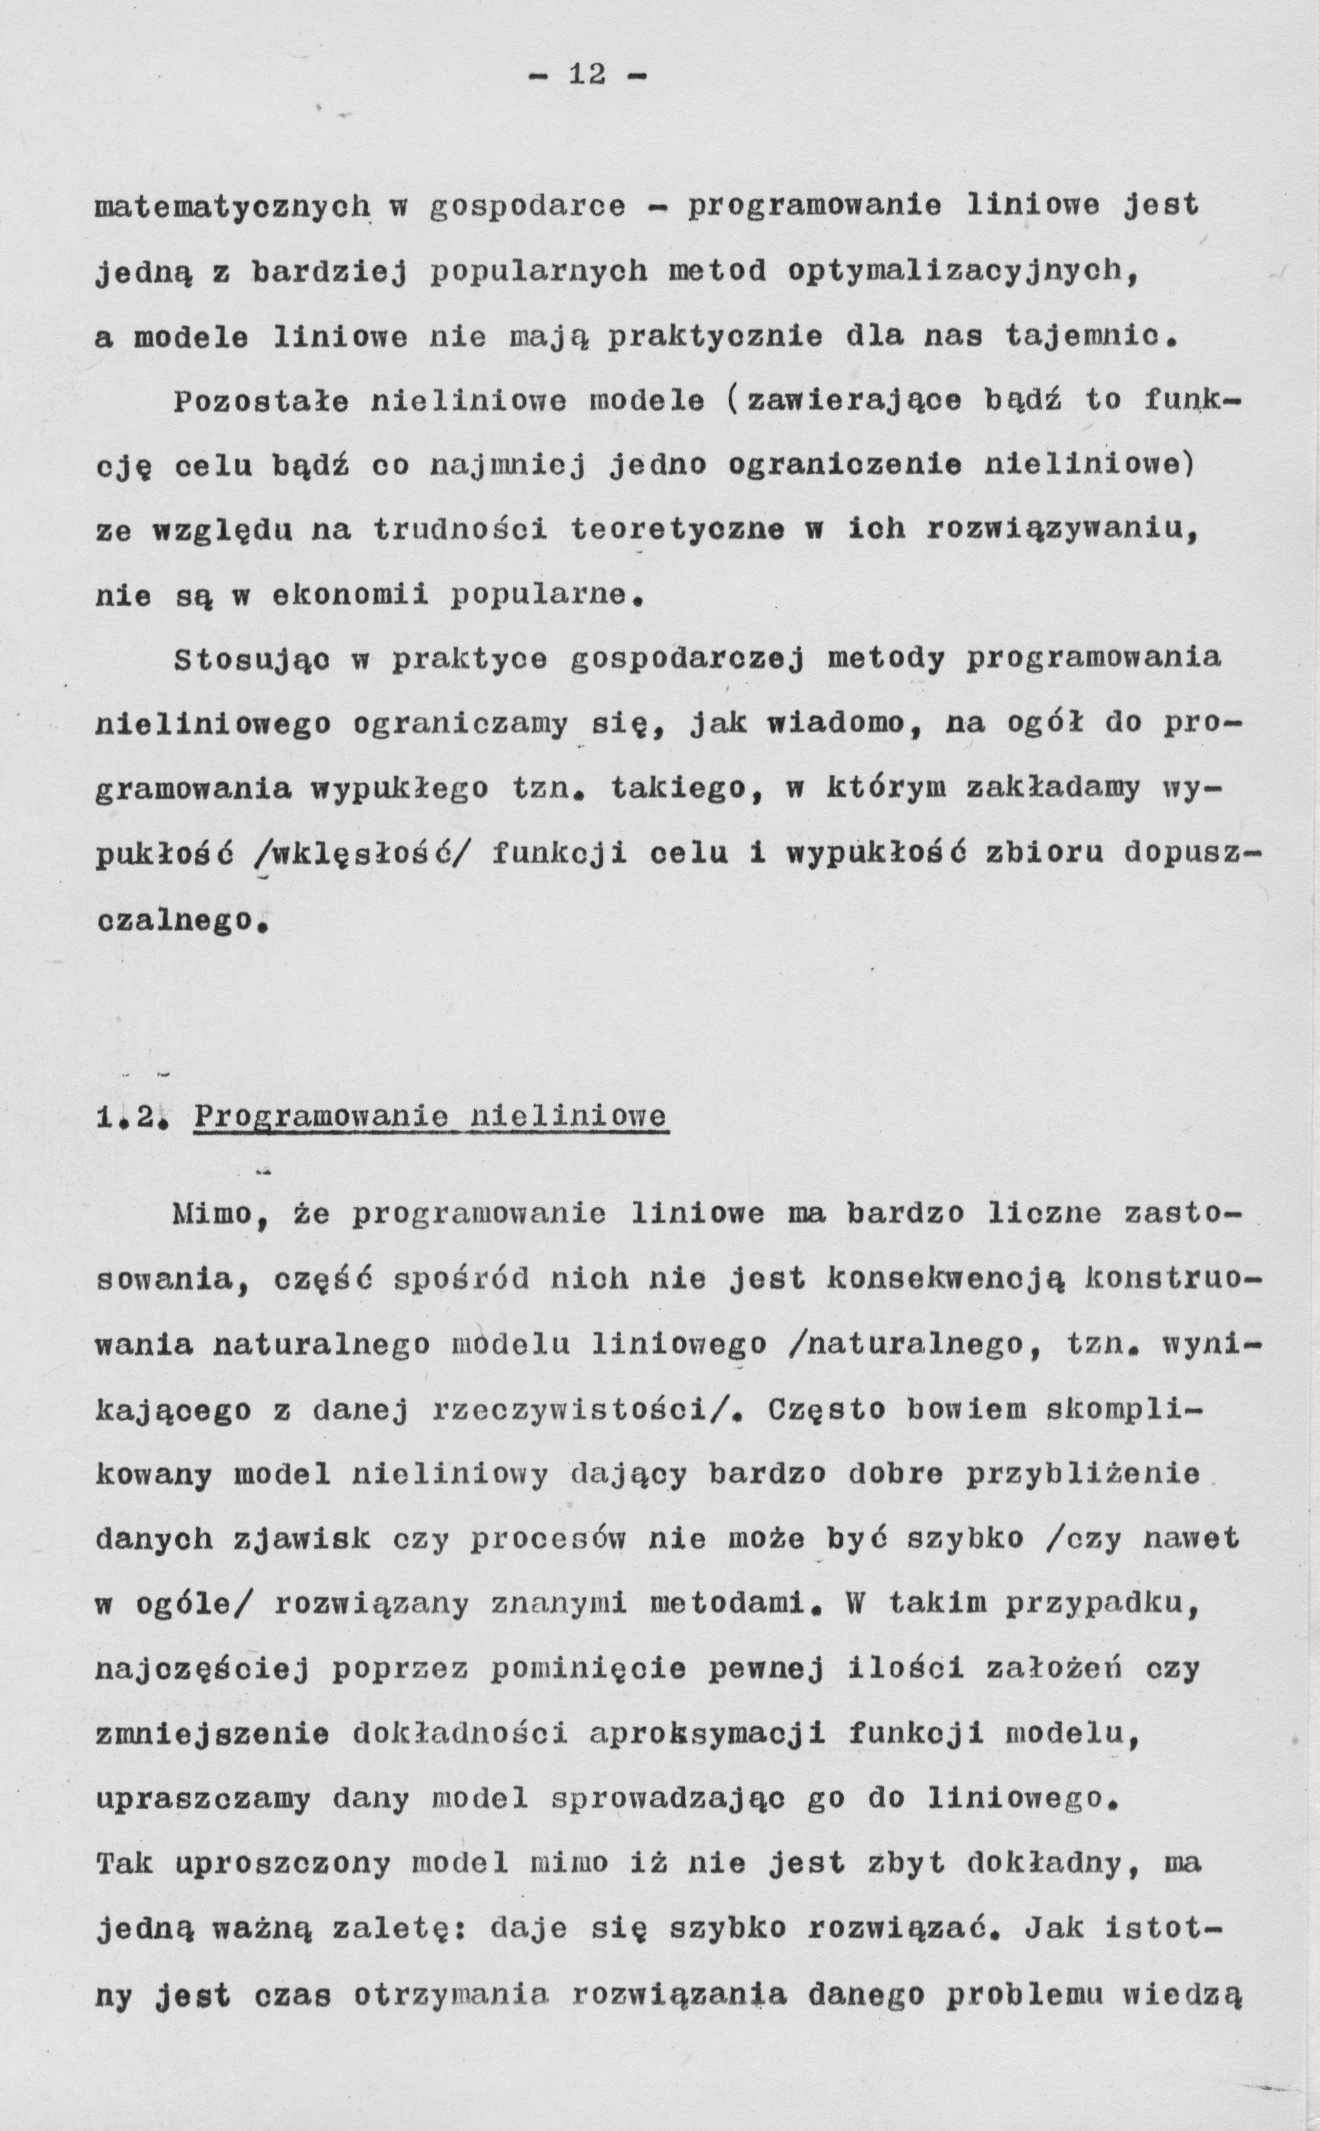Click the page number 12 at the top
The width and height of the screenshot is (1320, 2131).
586,75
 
